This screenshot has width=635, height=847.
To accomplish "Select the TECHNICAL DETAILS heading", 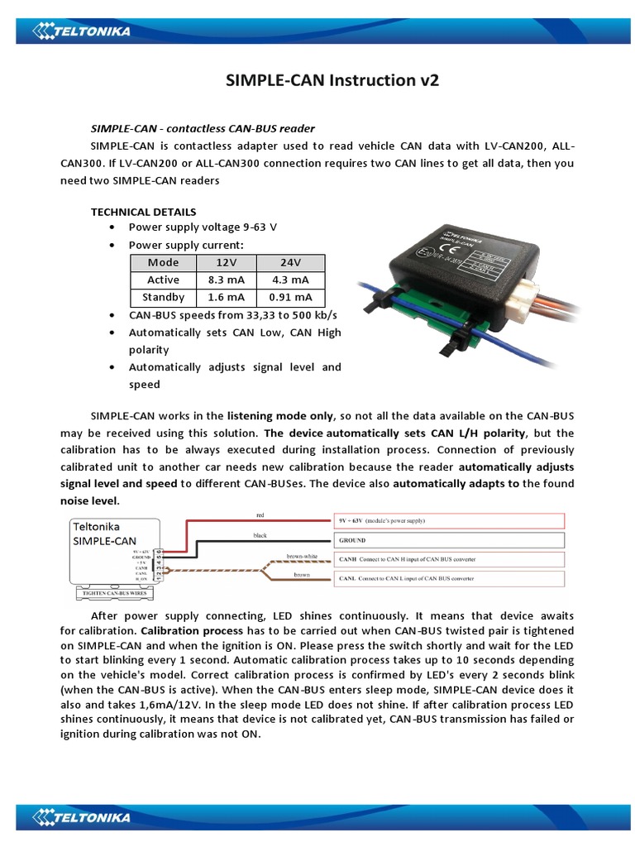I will pyautogui.click(x=143, y=212).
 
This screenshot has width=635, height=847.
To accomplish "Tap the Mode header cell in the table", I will pyautogui.click(x=163, y=262).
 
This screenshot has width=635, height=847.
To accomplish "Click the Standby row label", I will pyautogui.click(x=163, y=297).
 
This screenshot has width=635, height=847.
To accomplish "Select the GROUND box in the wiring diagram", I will pyautogui.click(x=449, y=540).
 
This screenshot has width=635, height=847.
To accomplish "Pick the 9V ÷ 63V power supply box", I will pyautogui.click(x=449, y=520).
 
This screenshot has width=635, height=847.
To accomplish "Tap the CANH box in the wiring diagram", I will pyautogui.click(x=449, y=559).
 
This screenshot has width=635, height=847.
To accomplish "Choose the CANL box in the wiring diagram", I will pyautogui.click(x=449, y=579).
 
